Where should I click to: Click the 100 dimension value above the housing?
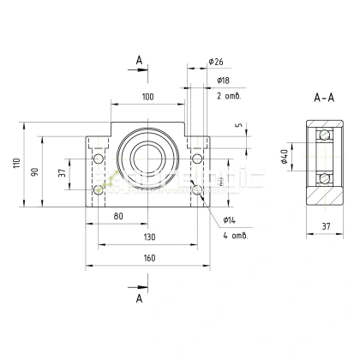pyautogui.click(x=148, y=97)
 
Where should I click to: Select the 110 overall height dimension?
pyautogui.click(x=16, y=164)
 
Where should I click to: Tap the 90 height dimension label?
pyautogui.click(x=35, y=171)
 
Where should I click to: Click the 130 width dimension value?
pyautogui.click(x=148, y=237)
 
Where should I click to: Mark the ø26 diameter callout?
pyautogui.click(x=216, y=62)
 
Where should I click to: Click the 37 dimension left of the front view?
pyautogui.click(x=61, y=173)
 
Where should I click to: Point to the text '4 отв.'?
pyautogui.click(x=234, y=235)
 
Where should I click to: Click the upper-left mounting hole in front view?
pyautogui.click(x=99, y=159)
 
